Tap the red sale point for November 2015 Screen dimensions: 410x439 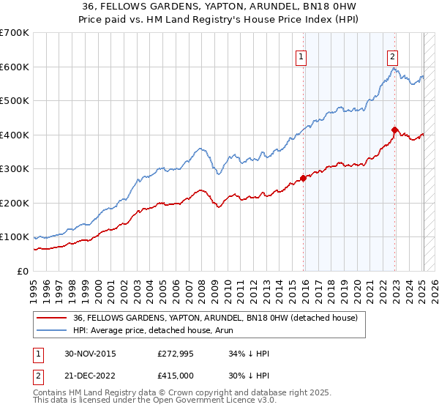pos(303,178)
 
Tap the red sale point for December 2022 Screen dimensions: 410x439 pos(394,130)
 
